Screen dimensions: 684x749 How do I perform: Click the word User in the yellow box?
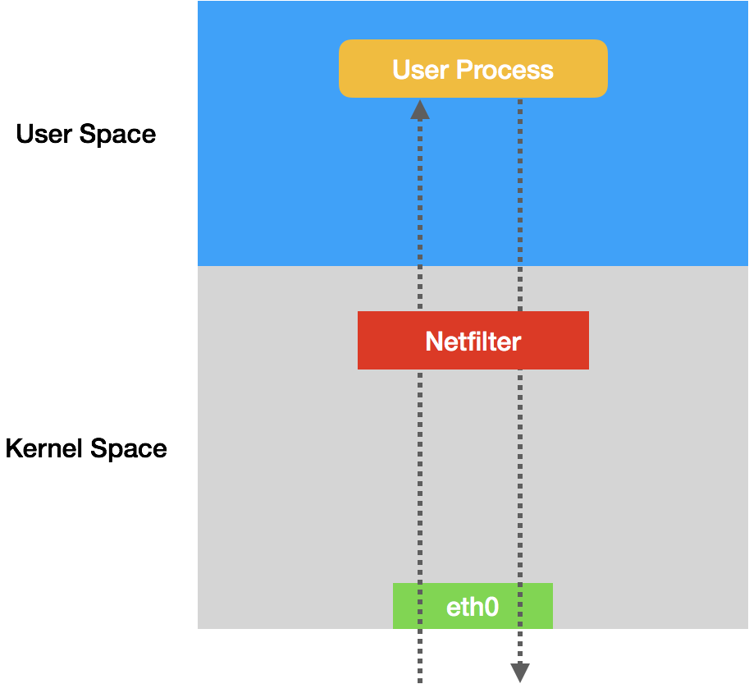pyautogui.click(x=420, y=70)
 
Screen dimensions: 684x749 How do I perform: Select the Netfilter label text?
pyautogui.click(x=473, y=341)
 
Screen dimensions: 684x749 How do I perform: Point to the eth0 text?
pyautogui.click(x=472, y=607)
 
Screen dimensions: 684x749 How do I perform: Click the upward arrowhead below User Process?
pyautogui.click(x=420, y=110)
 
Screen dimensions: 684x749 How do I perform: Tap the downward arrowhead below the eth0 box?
pyautogui.click(x=520, y=673)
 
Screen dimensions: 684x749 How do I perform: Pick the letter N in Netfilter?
pyautogui.click(x=434, y=341)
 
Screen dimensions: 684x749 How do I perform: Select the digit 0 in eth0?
pyautogui.click(x=491, y=607)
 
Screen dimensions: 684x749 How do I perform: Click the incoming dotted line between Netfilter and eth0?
pyautogui.click(x=420, y=476)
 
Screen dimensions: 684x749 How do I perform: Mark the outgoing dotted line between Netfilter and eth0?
pyautogui.click(x=520, y=476)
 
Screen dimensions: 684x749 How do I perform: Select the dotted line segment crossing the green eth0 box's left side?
pyautogui.click(x=420, y=606)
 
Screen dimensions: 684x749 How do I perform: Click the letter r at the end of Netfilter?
pyautogui.click(x=517, y=341)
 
